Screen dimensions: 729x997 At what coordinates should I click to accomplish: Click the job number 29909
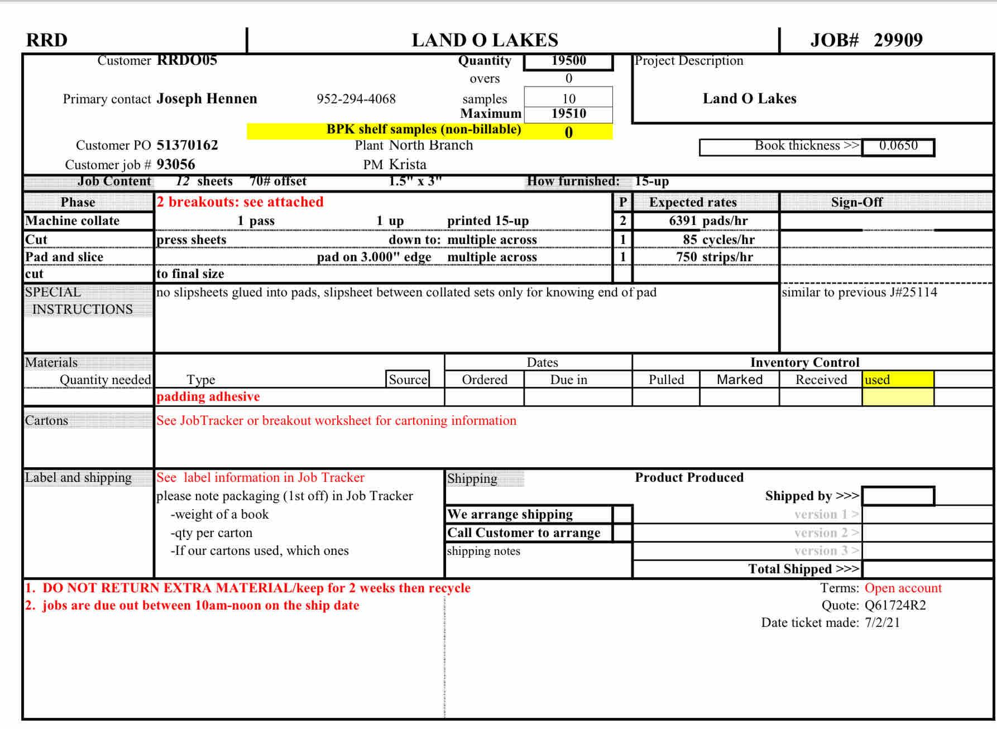[x=898, y=40]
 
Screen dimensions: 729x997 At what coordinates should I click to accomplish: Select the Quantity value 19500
[x=568, y=61]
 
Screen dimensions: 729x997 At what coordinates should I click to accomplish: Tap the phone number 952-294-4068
[x=356, y=99]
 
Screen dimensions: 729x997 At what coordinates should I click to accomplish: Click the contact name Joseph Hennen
[x=207, y=99]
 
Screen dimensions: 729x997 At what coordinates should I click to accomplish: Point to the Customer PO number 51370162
[x=187, y=145]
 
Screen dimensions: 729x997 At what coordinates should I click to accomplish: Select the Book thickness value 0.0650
[x=898, y=146]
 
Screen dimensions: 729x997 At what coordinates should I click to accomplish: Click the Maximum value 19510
[x=568, y=114]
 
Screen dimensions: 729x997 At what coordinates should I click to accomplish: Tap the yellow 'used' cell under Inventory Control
[x=897, y=380]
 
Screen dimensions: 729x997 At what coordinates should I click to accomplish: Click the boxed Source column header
[x=408, y=380]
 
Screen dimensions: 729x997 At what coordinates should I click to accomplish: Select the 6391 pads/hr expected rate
[x=708, y=221]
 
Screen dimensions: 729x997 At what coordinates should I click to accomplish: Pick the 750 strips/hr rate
[x=714, y=257]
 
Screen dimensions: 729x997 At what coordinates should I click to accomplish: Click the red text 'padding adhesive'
[x=208, y=397]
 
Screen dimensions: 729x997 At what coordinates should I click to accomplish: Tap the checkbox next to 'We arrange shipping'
[x=622, y=514]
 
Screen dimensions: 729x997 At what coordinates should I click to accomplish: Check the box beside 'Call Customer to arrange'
[x=622, y=533]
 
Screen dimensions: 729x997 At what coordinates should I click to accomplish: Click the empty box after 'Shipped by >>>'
[x=898, y=496]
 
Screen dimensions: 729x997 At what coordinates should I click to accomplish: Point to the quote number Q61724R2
[x=895, y=606]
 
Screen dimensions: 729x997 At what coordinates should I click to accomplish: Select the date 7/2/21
[x=882, y=623]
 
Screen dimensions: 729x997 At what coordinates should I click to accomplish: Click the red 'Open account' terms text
[x=903, y=588]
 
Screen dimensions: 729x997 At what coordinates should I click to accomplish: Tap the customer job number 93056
[x=176, y=165]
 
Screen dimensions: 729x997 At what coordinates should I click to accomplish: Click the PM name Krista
[x=408, y=165]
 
